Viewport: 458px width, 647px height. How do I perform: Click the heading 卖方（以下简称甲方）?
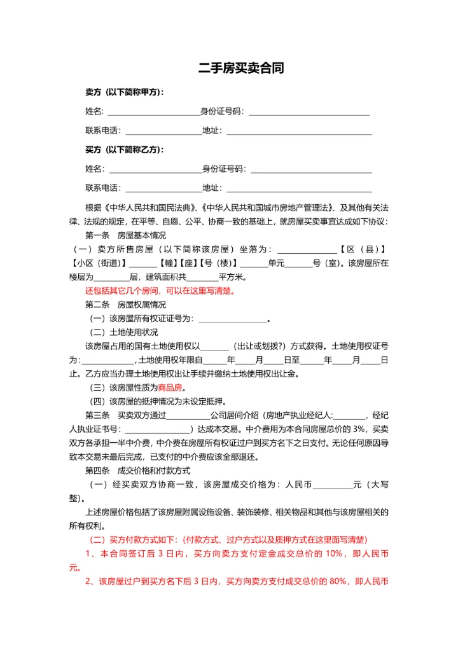[x=125, y=92]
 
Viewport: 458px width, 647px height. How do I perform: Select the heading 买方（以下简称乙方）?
[x=125, y=150]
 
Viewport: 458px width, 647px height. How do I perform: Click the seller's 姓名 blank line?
[x=155, y=112]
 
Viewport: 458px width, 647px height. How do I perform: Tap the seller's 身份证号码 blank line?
[x=309, y=112]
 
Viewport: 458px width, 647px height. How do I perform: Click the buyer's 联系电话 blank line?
[x=163, y=188]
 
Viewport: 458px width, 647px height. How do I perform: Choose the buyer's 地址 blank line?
[x=299, y=188]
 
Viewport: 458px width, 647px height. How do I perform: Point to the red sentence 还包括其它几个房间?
[x=160, y=291]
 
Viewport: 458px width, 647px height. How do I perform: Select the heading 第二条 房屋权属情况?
[x=121, y=304]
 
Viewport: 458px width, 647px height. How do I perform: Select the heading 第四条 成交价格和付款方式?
[x=137, y=471]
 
